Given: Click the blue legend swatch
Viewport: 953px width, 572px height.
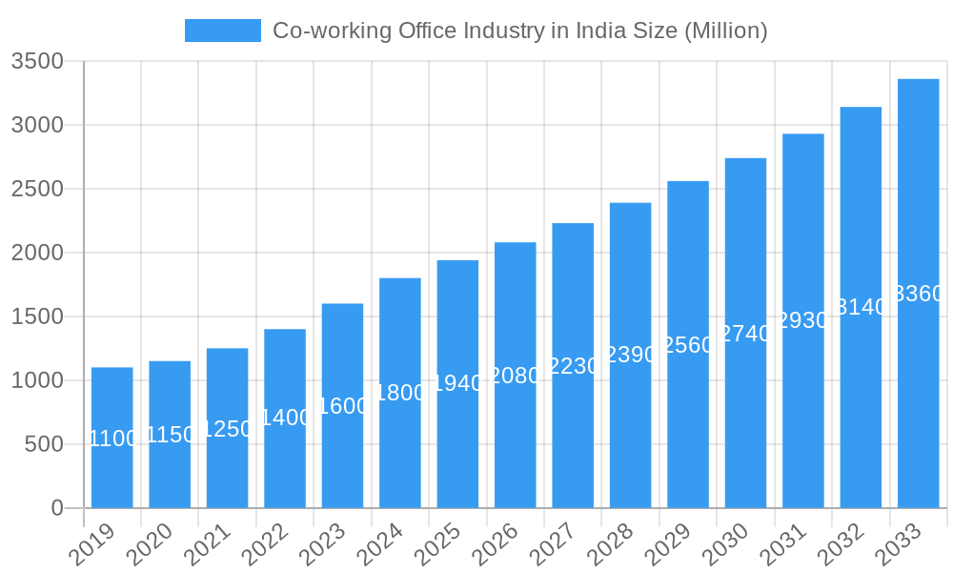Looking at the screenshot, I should pyautogui.click(x=222, y=31).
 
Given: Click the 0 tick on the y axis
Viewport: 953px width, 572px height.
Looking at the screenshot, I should pyautogui.click(x=57, y=508).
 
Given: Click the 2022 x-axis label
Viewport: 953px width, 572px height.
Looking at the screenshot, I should pyautogui.click(x=268, y=543).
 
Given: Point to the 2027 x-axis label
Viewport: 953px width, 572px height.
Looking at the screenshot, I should pyautogui.click(x=556, y=543).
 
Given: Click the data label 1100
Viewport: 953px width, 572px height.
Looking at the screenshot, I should pyautogui.click(x=112, y=439).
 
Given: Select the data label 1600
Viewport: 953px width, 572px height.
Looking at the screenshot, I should pyautogui.click(x=342, y=406).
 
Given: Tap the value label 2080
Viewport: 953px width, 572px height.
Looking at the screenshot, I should pyautogui.click(x=515, y=376).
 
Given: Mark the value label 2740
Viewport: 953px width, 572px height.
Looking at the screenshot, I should pyautogui.click(x=745, y=334).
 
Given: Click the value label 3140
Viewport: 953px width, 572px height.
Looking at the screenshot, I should pyautogui.click(x=861, y=307).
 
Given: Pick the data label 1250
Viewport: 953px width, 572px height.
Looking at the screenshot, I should pyautogui.click(x=227, y=429).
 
